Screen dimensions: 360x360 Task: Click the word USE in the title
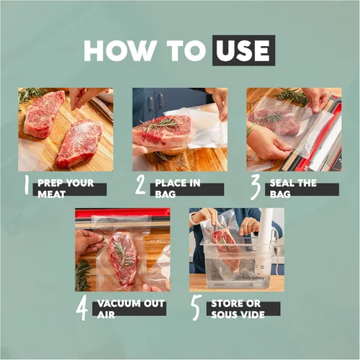[x=243, y=50]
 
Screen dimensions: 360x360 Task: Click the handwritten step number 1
[x=27, y=185]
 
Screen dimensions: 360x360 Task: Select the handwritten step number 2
[x=140, y=184]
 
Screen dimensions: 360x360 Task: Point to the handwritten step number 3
[x=256, y=187]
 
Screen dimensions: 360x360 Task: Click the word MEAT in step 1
[x=51, y=194]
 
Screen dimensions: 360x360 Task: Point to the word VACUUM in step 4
[x=115, y=303]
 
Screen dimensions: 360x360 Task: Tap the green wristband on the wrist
[x=251, y=130]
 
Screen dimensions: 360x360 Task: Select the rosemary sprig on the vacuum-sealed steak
[x=124, y=254]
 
